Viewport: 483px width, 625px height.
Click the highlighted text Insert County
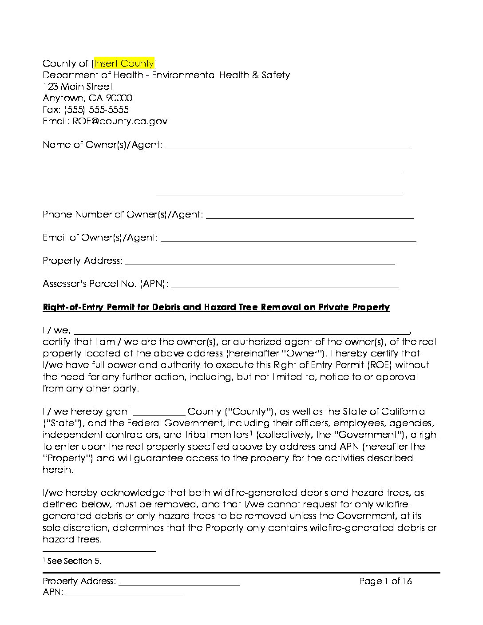[x=124, y=63]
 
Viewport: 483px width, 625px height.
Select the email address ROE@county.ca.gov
[x=118, y=121]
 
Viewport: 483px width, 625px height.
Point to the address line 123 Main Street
[x=78, y=86]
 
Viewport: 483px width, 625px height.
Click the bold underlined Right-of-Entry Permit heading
[x=216, y=307]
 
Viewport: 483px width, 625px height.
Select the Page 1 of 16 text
[x=385, y=581]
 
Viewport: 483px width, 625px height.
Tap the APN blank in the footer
[x=124, y=593]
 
